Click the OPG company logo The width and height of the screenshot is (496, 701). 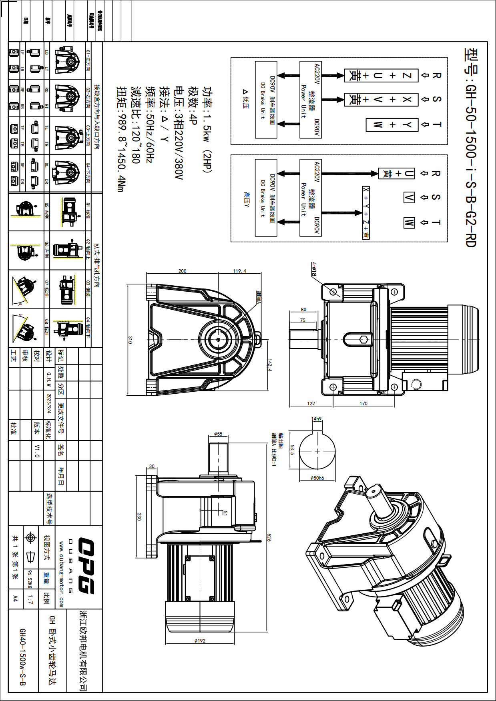[x=86, y=566]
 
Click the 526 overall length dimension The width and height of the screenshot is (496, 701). [x=269, y=537]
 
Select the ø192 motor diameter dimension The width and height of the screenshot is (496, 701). [x=200, y=641]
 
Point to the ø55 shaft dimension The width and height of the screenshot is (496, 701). [x=218, y=434]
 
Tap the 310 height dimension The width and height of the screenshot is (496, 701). [x=130, y=340]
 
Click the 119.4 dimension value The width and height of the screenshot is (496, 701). [x=240, y=271]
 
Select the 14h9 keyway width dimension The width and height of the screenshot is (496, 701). [x=317, y=419]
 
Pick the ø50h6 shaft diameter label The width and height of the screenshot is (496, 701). [x=317, y=478]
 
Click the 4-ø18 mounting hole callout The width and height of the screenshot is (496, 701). [x=314, y=269]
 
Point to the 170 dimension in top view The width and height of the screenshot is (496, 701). [x=363, y=403]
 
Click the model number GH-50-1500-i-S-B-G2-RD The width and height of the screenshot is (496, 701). [x=471, y=148]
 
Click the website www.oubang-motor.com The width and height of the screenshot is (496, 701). [x=61, y=574]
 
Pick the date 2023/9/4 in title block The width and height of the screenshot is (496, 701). [x=49, y=404]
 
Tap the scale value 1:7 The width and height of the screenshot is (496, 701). [x=30, y=599]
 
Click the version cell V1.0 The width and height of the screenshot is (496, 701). [x=37, y=451]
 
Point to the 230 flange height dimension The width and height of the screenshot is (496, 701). [x=139, y=517]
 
